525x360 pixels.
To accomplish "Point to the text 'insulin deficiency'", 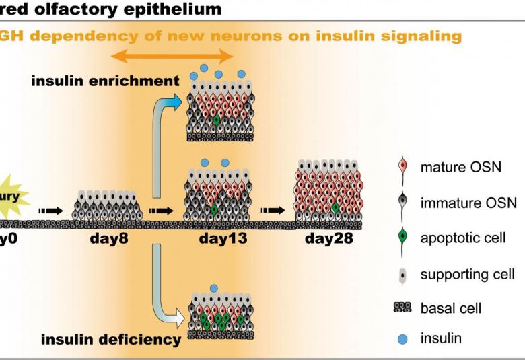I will (111, 339).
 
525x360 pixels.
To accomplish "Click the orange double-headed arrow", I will (172, 57).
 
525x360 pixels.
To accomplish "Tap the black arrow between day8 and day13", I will (161, 210).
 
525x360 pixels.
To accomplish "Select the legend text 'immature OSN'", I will (468, 202).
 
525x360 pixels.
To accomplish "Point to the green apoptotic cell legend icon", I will (403, 238).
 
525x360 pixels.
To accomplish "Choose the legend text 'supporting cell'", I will (467, 274).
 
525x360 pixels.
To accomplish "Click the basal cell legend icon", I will (403, 308).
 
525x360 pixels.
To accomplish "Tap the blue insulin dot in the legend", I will (403, 338).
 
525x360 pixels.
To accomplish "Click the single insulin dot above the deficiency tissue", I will (214, 289).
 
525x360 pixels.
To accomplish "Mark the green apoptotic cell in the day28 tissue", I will (335, 208).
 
